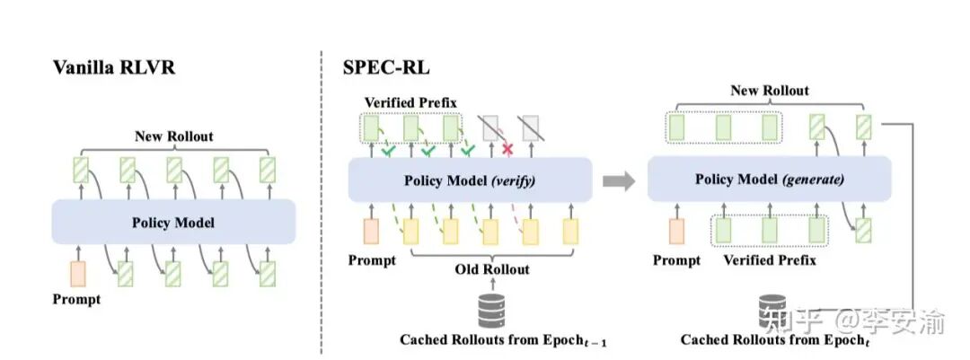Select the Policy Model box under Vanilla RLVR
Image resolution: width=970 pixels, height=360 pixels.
click(x=173, y=221)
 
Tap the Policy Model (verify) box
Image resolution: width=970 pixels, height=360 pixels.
click(x=471, y=180)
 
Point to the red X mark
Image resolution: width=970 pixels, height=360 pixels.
click(x=508, y=148)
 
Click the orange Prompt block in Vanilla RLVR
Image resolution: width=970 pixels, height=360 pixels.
click(x=79, y=272)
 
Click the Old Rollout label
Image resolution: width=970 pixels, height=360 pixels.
click(x=492, y=268)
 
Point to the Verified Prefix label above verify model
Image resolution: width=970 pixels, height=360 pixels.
click(x=409, y=103)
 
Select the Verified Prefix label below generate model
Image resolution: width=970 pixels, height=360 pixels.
click(x=767, y=260)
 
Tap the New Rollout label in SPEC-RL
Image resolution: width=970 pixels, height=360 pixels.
click(x=769, y=90)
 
